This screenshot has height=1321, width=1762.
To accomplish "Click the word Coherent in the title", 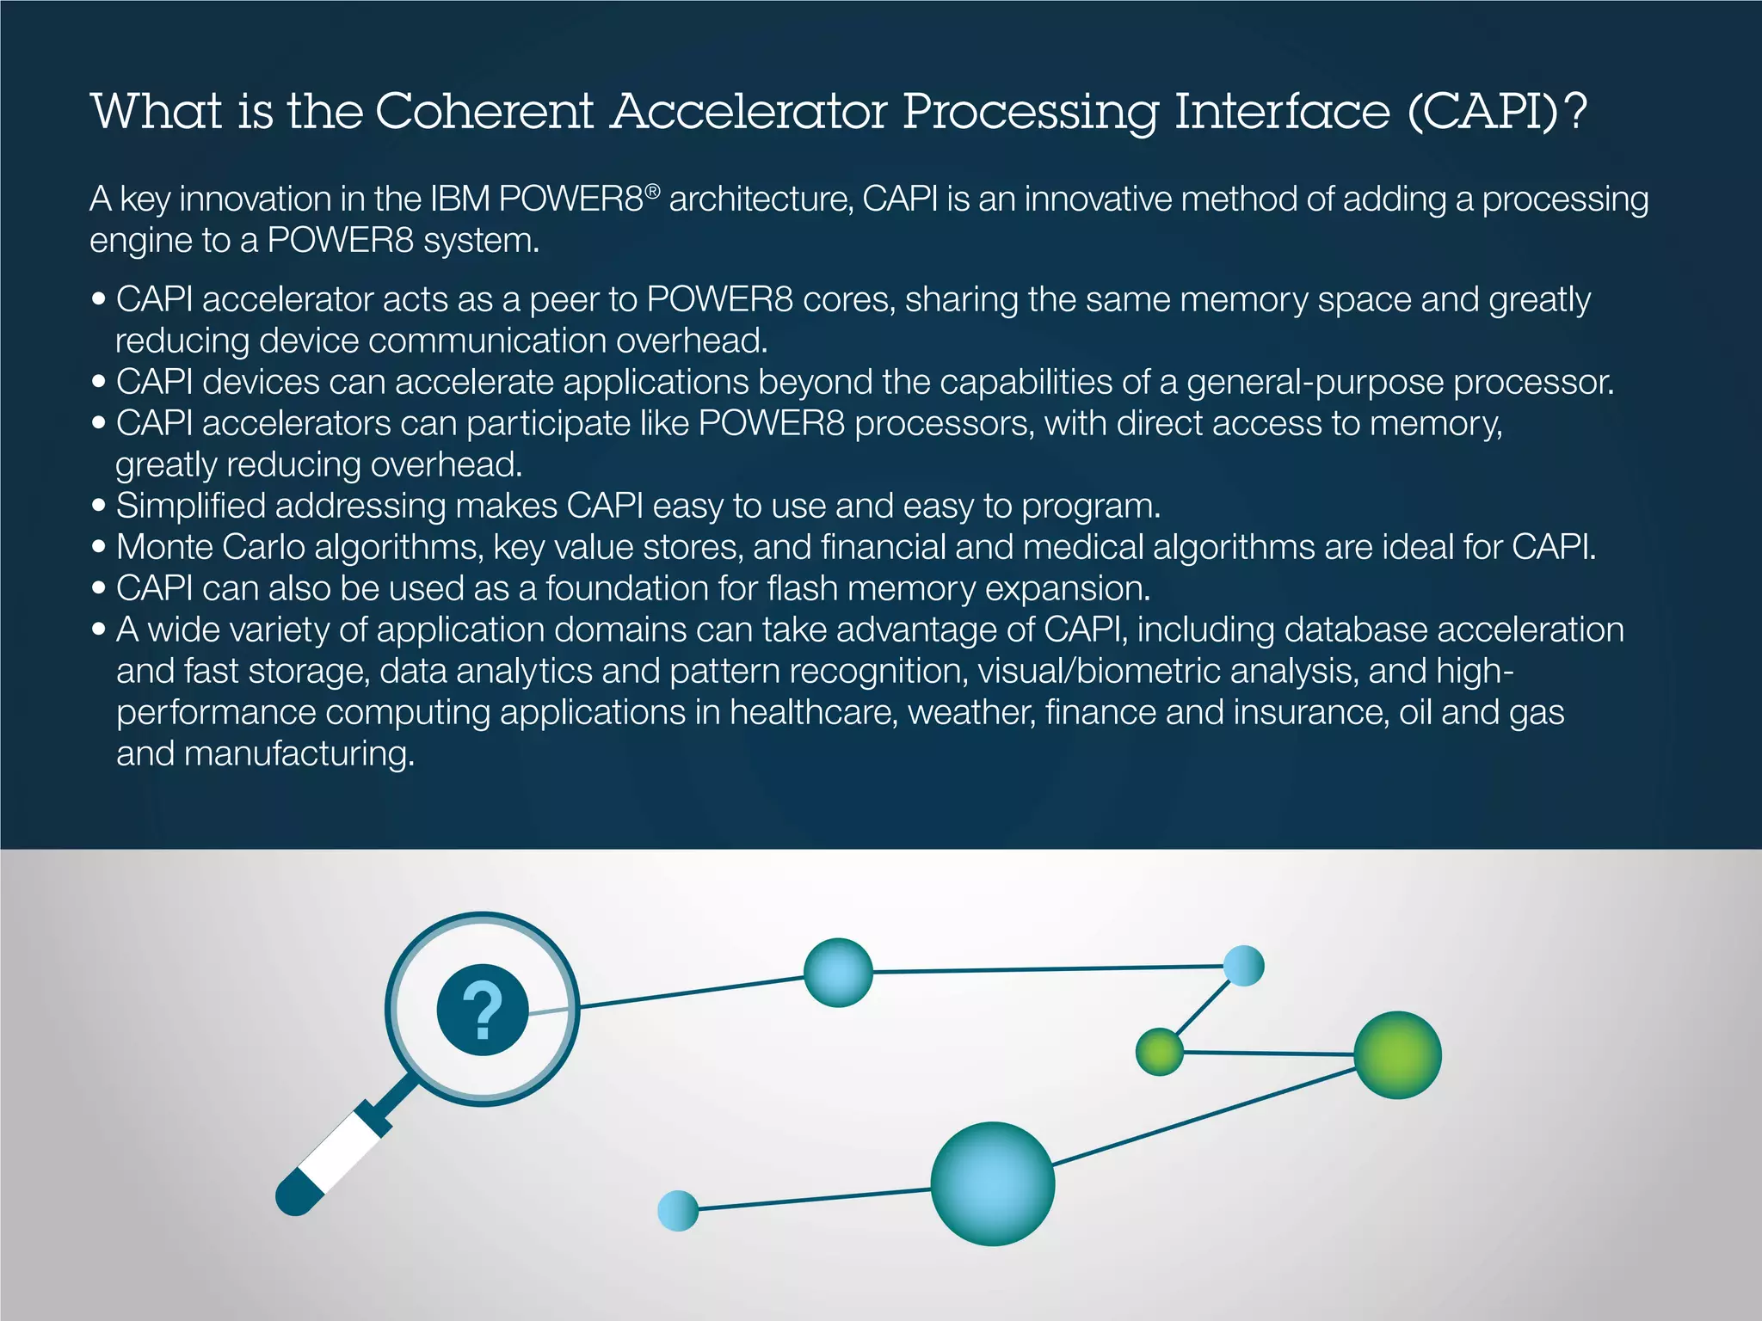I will [x=484, y=112].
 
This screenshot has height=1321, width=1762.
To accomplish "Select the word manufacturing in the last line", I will [x=299, y=754].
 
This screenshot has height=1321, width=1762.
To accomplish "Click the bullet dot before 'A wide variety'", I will [x=99, y=630].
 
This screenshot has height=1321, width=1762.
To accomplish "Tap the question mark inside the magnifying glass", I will [x=483, y=1011].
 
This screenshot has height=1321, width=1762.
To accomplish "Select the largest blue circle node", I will [x=993, y=1183].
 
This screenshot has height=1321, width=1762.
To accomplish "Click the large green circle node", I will [x=1397, y=1054].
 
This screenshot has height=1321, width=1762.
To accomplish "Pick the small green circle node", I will [x=1159, y=1051].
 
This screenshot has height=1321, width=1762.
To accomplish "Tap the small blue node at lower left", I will [x=677, y=1210].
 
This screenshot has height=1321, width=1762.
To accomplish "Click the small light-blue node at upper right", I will [x=1243, y=965].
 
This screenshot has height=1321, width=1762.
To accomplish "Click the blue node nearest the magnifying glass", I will [x=838, y=972].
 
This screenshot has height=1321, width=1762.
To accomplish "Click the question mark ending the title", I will [x=1576, y=112].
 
